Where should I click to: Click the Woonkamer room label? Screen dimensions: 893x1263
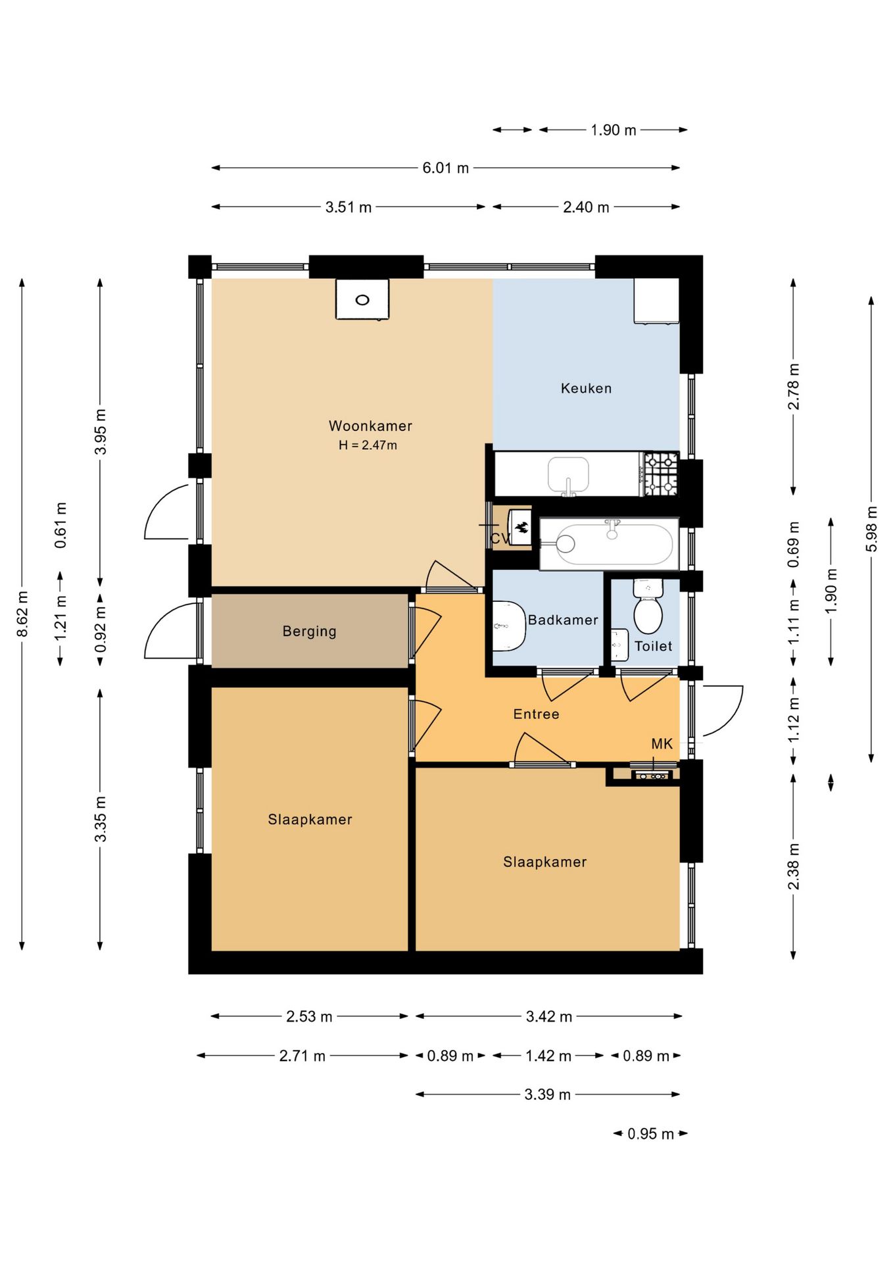pyautogui.click(x=370, y=426)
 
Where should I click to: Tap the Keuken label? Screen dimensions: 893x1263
pyautogui.click(x=586, y=388)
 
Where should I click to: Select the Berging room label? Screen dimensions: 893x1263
pyautogui.click(x=309, y=631)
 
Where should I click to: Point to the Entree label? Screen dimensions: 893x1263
pyautogui.click(x=536, y=714)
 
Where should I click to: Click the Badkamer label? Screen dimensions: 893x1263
pyautogui.click(x=563, y=620)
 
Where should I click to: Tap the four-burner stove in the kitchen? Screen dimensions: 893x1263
pyautogui.click(x=661, y=474)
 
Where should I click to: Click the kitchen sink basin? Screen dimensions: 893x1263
pyautogui.click(x=569, y=475)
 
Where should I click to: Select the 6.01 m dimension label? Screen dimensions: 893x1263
pyautogui.click(x=446, y=168)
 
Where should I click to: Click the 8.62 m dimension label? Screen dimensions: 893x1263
pyautogui.click(x=22, y=614)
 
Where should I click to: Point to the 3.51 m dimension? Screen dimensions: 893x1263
pyautogui.click(x=349, y=207)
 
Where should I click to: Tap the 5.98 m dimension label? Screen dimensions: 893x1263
pyautogui.click(x=871, y=529)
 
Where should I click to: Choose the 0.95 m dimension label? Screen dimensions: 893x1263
pyautogui.click(x=650, y=1133)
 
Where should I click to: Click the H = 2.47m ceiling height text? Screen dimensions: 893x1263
pyautogui.click(x=368, y=445)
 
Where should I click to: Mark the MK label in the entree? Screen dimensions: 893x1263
pyautogui.click(x=662, y=743)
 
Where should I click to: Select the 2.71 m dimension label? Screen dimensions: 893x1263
pyautogui.click(x=302, y=1056)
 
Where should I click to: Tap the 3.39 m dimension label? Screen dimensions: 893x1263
pyautogui.click(x=547, y=1095)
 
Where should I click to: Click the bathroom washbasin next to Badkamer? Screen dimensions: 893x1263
pyautogui.click(x=508, y=626)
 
